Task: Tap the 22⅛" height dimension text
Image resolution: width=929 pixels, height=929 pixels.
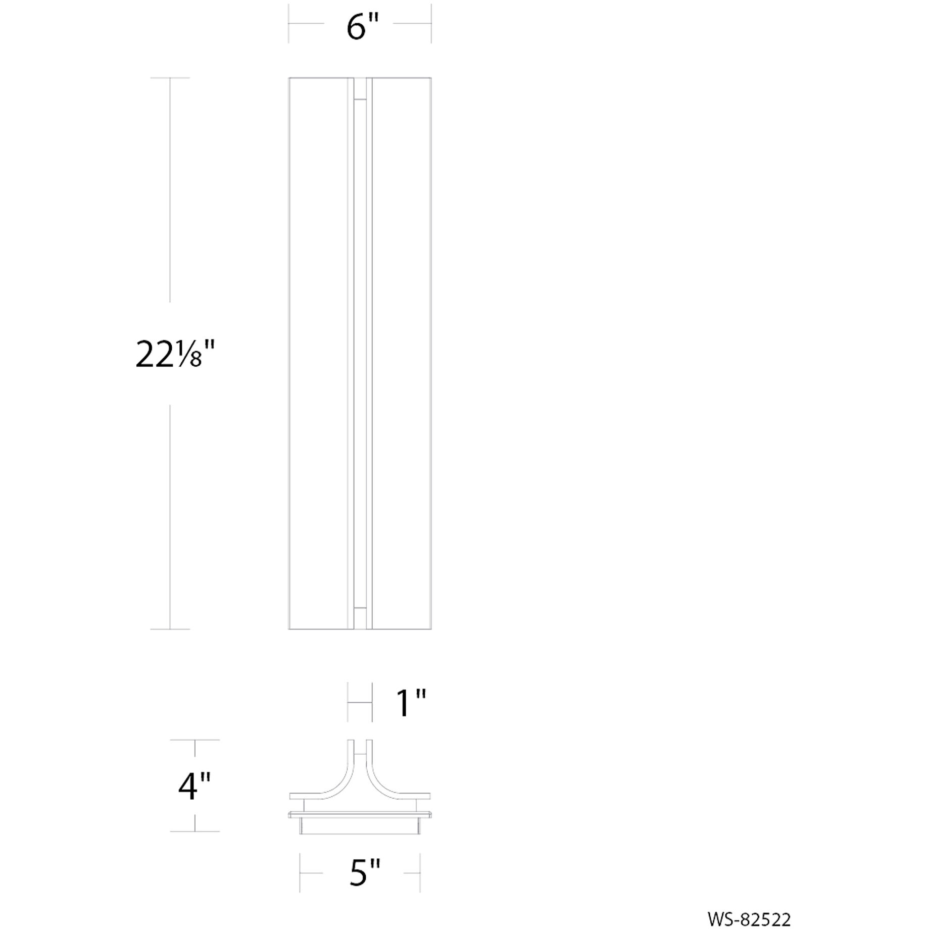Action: [175, 354]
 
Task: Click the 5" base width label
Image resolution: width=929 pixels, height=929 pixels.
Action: [364, 872]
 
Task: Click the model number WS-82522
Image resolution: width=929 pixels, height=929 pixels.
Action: [749, 905]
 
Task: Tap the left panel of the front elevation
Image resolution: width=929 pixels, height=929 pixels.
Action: [318, 354]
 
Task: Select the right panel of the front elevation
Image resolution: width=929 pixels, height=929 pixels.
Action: [402, 354]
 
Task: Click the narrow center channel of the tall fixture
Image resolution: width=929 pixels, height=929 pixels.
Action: [360, 354]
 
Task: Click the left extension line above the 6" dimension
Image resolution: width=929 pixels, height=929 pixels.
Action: [288, 23]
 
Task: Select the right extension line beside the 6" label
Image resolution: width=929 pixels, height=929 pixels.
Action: [431, 23]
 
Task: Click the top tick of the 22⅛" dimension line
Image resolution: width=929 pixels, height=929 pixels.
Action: [170, 78]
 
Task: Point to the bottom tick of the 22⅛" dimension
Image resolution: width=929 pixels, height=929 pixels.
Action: [170, 629]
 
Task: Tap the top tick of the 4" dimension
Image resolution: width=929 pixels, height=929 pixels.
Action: [195, 740]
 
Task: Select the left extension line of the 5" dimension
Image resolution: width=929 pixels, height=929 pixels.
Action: [300, 872]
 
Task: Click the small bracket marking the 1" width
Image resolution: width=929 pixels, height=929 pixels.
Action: [360, 703]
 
